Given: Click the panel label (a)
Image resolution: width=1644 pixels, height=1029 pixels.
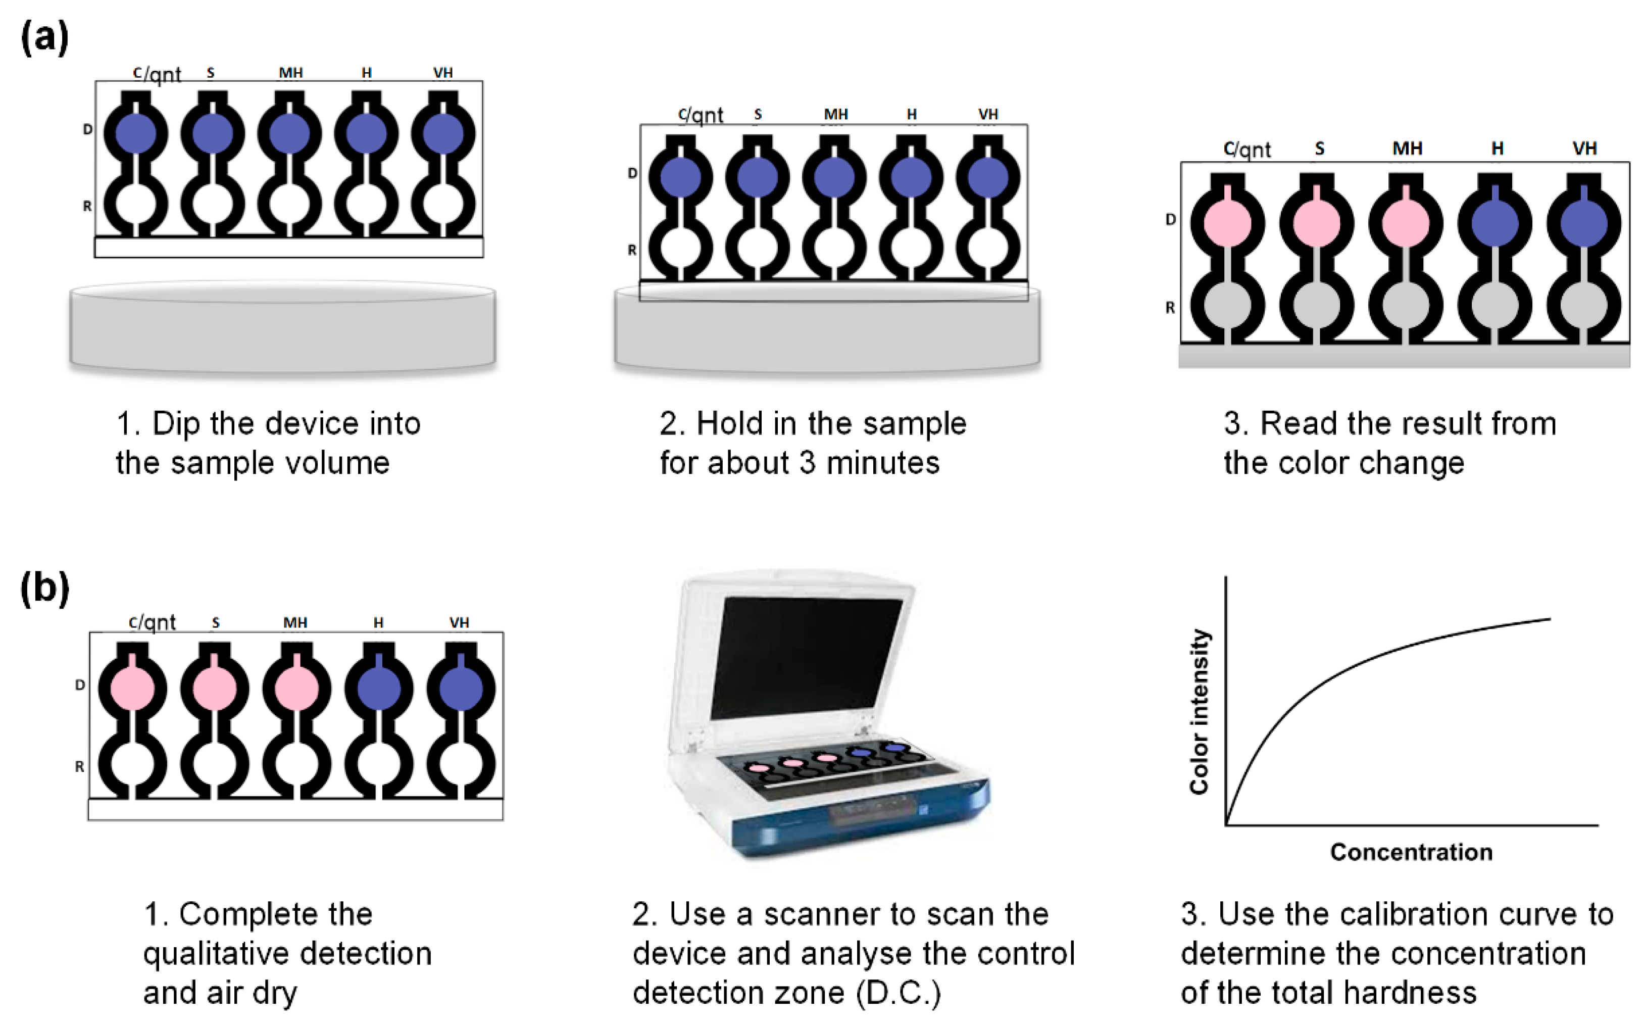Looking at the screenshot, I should coord(45,37).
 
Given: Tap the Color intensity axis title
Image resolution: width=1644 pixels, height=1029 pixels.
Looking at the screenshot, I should coord(1199,711).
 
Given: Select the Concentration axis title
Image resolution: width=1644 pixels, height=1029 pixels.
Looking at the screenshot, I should coord(1411,852).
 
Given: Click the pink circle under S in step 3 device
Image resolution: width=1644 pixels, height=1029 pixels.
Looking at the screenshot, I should coord(1316,223).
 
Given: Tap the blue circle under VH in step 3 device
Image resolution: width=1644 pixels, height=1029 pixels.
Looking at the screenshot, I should coord(1584,223).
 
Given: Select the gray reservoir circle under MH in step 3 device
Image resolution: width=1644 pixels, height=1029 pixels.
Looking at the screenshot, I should coord(1405,306).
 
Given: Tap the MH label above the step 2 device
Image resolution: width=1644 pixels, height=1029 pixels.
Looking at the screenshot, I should coord(835,114).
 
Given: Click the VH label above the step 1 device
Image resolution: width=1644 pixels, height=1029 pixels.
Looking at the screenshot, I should coord(443,73).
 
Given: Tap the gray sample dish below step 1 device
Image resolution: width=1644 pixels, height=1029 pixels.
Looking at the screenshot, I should coord(282,330).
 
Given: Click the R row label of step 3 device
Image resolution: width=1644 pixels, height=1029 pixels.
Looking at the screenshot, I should coord(1170,308).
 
